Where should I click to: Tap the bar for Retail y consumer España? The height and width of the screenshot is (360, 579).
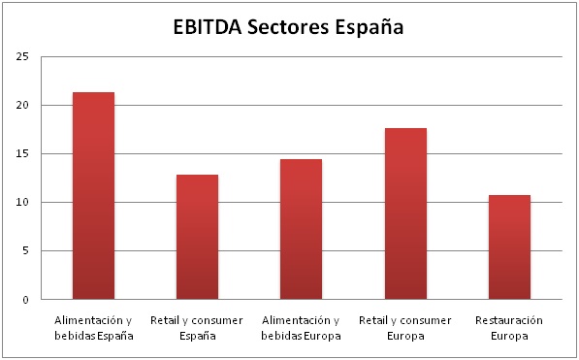[197, 237]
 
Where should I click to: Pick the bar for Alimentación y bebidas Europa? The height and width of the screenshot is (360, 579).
[301, 229]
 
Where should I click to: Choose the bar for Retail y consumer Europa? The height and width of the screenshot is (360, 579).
[405, 213]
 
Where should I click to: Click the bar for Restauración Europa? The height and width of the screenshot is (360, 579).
[509, 247]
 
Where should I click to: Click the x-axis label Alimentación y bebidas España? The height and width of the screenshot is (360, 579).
[93, 327]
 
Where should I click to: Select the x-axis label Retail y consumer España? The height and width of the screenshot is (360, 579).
[197, 327]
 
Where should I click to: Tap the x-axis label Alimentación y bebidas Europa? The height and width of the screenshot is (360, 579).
[301, 327]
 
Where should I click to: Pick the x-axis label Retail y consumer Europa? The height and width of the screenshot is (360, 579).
[405, 327]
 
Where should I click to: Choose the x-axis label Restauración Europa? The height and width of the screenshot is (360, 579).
[509, 327]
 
